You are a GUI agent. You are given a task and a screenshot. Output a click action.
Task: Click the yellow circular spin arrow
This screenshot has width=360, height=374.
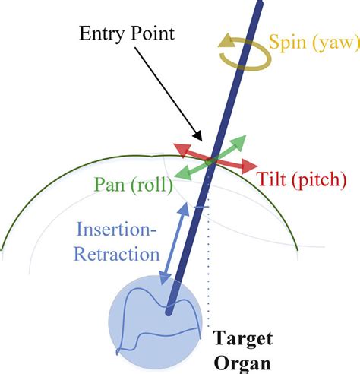pyautogui.click(x=242, y=52)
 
